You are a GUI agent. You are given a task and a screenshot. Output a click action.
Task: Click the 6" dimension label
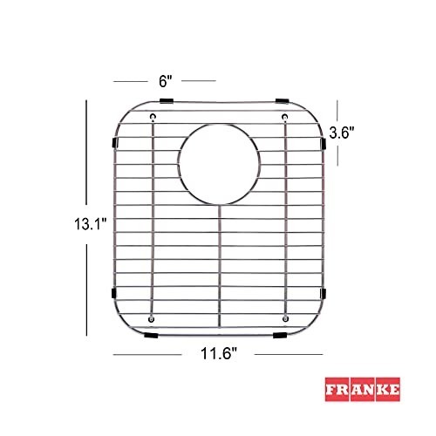[x=166, y=81]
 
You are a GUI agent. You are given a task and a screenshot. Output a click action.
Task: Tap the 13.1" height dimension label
[x=91, y=224]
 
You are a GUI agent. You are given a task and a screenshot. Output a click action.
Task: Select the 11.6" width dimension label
[x=219, y=354]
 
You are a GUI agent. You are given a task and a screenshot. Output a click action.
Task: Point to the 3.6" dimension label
[x=342, y=133]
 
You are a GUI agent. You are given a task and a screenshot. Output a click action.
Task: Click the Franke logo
[x=363, y=390]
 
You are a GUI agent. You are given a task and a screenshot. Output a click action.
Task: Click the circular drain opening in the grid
[x=219, y=164]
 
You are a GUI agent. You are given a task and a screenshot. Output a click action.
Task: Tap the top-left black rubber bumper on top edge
[x=167, y=101]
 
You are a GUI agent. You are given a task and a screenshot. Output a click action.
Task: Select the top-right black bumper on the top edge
[x=282, y=101]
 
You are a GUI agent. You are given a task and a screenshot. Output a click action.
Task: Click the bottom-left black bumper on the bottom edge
[x=151, y=336]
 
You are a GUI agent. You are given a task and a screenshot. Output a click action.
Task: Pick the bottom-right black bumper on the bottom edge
[x=280, y=336]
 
